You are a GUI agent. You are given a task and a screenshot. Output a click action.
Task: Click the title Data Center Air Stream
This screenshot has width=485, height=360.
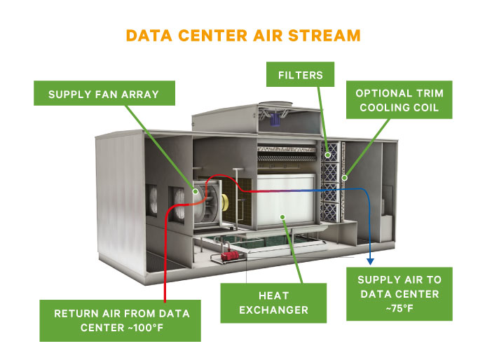242,36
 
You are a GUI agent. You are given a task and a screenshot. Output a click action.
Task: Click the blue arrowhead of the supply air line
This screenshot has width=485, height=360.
370,258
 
